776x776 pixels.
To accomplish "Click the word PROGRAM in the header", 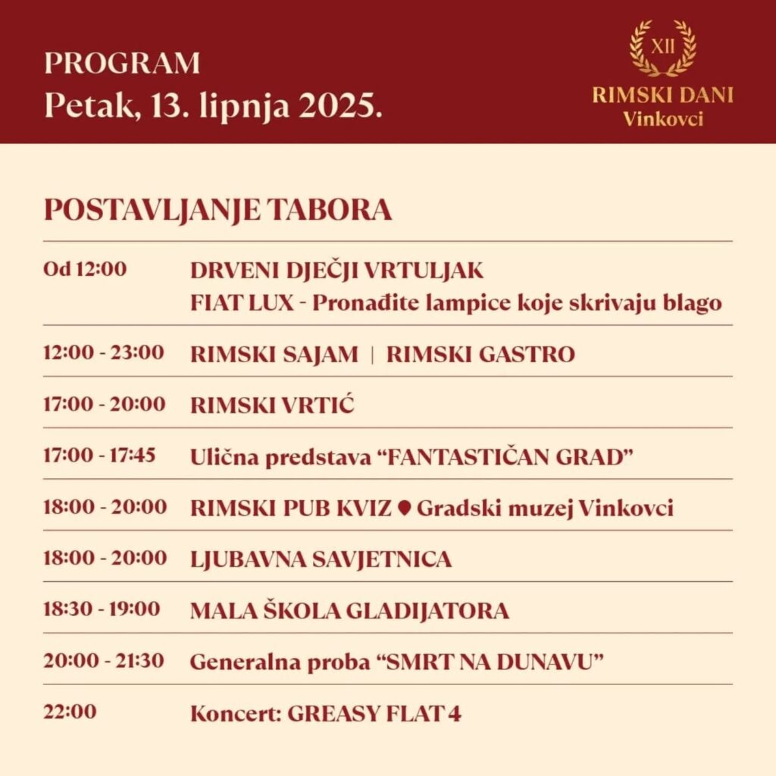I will [x=122, y=64].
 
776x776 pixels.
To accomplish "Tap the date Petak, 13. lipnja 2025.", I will [x=213, y=105].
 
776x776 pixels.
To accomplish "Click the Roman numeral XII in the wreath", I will [x=662, y=47].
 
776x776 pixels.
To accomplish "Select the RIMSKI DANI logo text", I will [x=662, y=96].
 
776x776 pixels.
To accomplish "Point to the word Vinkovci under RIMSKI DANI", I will [x=662, y=119].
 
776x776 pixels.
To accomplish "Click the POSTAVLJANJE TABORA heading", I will [x=217, y=210].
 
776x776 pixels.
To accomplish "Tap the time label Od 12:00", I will [x=85, y=269].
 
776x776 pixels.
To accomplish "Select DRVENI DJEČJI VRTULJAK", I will [x=336, y=271].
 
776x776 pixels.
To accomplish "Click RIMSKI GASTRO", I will [x=480, y=354].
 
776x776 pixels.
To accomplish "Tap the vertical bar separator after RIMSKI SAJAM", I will [x=372, y=354].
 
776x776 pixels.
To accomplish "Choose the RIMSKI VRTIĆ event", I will [x=272, y=405].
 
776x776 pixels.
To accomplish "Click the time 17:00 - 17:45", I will [x=99, y=455].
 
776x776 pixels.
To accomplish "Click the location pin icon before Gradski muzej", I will [x=404, y=508].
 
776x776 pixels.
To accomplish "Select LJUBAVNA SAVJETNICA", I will [x=321, y=559].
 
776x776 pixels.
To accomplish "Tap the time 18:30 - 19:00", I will [x=102, y=609].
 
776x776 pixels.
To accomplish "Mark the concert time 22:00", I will [x=70, y=712].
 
